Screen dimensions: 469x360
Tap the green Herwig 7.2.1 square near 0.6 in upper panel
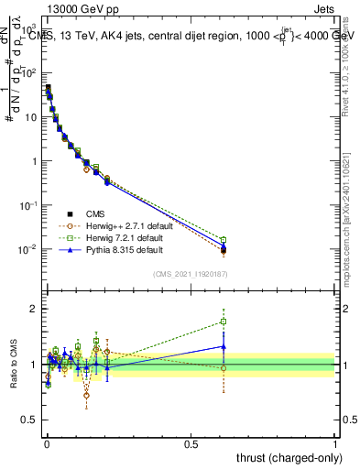tap(224, 240)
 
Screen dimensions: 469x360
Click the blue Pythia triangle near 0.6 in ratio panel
tap(224, 346)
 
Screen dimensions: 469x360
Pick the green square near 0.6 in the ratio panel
tap(224, 322)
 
